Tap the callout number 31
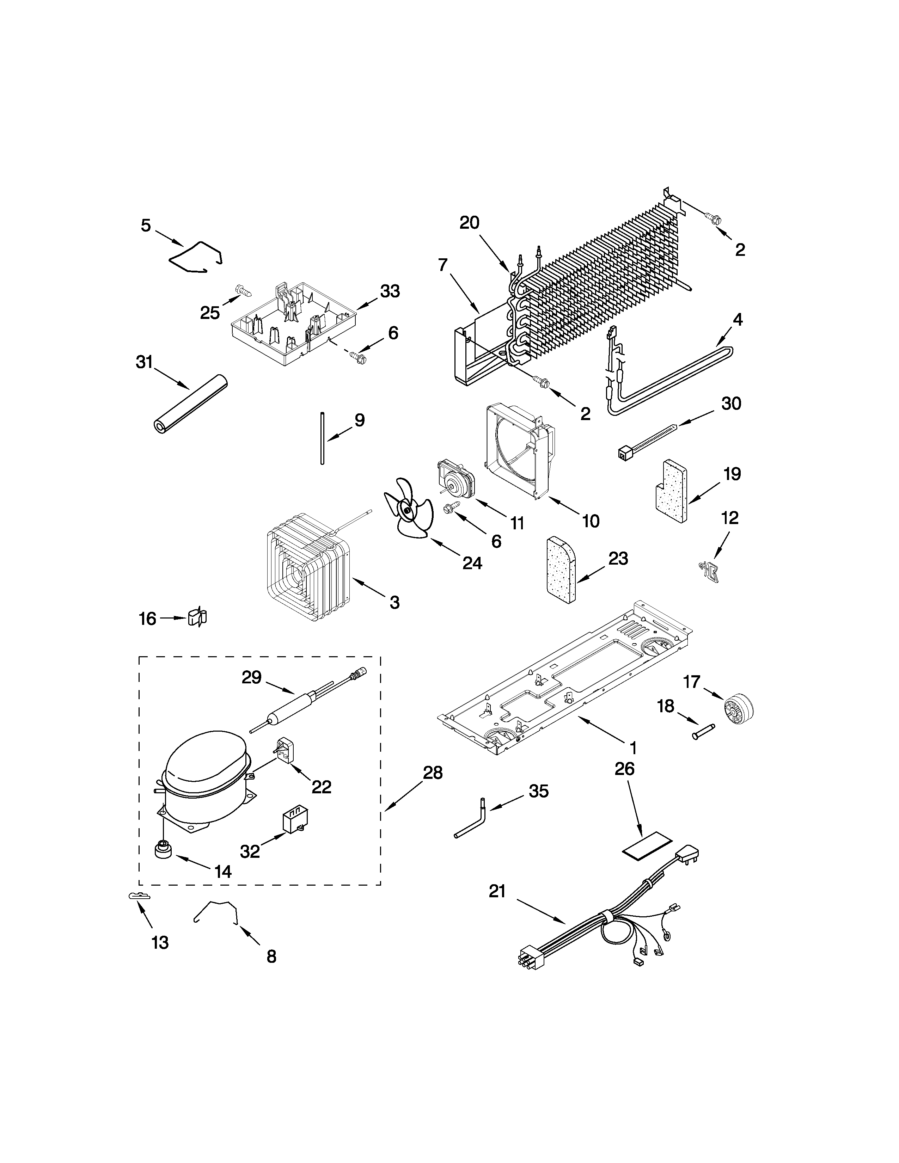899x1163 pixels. point(144,363)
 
